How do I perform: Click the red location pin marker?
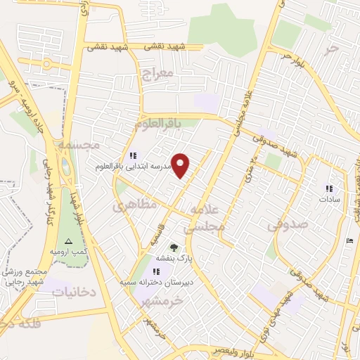pyautogui.click(x=181, y=165)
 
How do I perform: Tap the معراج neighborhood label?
pyautogui.click(x=156, y=74)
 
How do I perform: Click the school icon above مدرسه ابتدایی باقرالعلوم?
pyautogui.click(x=131, y=155)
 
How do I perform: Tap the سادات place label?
pyautogui.click(x=329, y=199)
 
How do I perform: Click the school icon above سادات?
pyautogui.click(x=328, y=188)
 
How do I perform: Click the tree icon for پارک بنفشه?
pyautogui.click(x=174, y=247)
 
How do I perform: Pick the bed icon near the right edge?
pyautogui.click(x=350, y=242)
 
